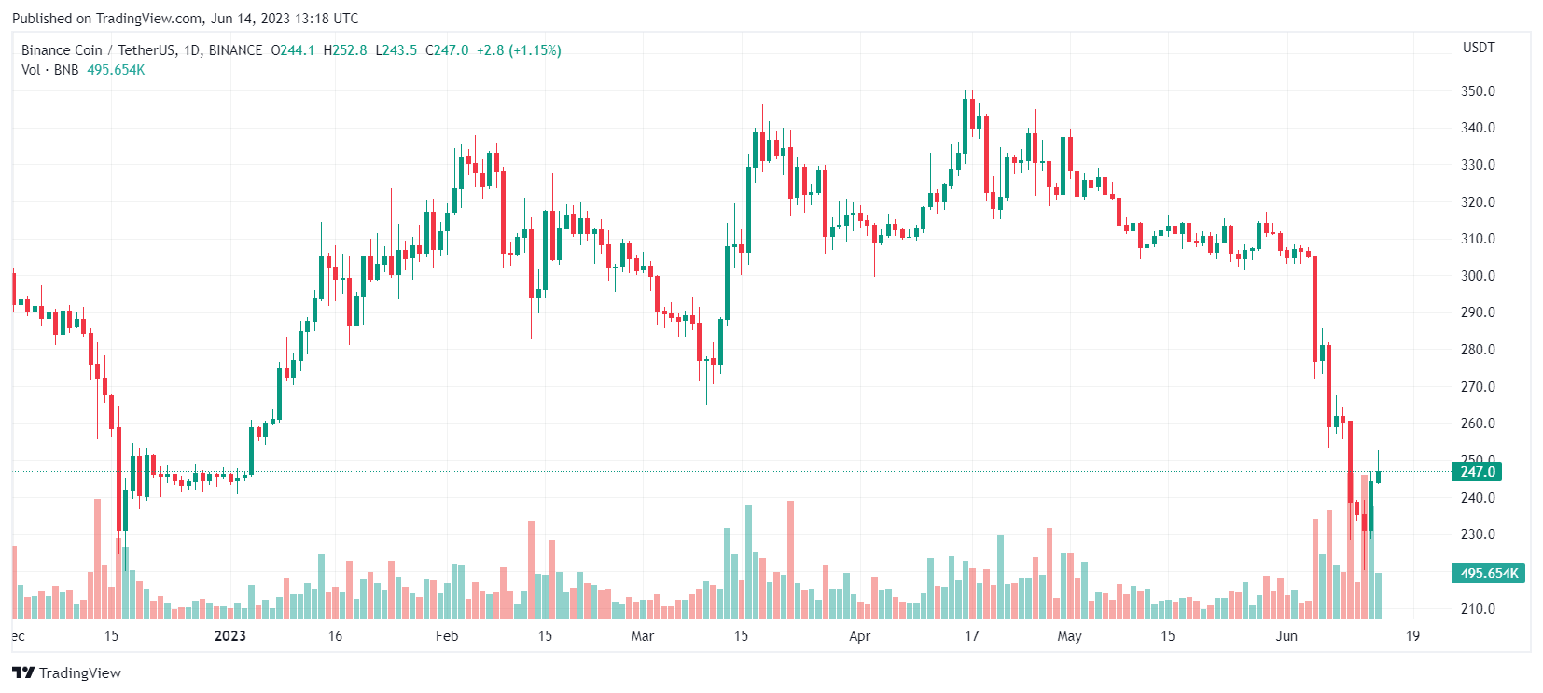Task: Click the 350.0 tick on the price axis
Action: tap(1478, 91)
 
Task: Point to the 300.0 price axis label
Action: tap(1478, 276)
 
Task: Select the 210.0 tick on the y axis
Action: tap(1478, 609)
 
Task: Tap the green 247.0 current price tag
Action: tap(1478, 472)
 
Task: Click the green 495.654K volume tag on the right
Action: tap(1489, 574)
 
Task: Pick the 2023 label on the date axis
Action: tap(230, 636)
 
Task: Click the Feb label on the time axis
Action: tap(447, 636)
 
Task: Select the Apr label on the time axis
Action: tap(859, 636)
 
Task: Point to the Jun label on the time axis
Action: tap(1286, 636)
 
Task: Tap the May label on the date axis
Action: tap(1069, 636)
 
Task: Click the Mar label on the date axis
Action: tap(642, 636)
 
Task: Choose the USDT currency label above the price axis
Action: tap(1479, 48)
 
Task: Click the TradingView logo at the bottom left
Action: tap(67, 672)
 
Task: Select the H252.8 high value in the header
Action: tap(345, 50)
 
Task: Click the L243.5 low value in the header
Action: tap(396, 50)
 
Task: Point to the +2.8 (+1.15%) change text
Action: tap(519, 50)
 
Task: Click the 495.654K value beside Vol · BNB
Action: tap(116, 70)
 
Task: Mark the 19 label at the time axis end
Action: tap(1412, 636)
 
